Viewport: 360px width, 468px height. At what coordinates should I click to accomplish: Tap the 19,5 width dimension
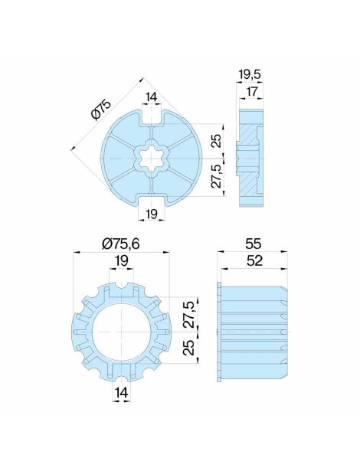(250, 74)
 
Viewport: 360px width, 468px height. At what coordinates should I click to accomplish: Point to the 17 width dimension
(250, 91)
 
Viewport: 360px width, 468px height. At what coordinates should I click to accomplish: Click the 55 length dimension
(252, 244)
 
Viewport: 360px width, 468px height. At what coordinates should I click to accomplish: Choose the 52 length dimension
(252, 261)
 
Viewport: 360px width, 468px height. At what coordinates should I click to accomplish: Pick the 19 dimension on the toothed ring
(120, 261)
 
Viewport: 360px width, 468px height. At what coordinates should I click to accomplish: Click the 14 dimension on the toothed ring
(120, 393)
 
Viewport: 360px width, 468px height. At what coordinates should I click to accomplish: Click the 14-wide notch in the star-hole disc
(150, 118)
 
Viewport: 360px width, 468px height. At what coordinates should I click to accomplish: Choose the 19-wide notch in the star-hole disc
(151, 199)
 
